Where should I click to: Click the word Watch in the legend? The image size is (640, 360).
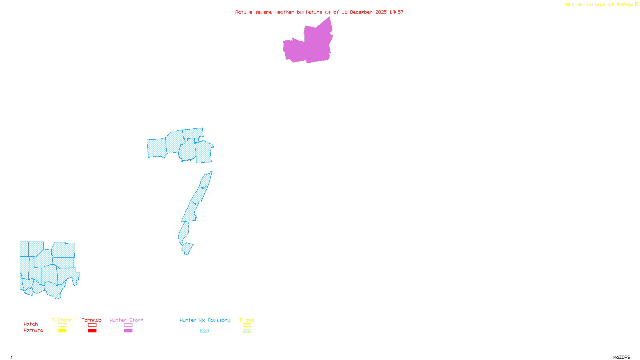coord(31,324)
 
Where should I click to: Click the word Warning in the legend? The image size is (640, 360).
coord(34,330)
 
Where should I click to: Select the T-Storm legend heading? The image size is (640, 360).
coord(62,320)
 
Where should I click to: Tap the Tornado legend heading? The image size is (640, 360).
coord(92,320)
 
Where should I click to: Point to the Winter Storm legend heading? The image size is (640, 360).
coord(126,320)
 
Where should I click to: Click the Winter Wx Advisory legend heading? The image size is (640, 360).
coord(205,320)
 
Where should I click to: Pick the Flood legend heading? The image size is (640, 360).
coord(247,320)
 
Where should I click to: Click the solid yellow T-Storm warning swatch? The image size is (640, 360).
coord(62,331)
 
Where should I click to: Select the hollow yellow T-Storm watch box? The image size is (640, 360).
coord(62,325)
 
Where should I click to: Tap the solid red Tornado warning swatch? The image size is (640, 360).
coord(92,331)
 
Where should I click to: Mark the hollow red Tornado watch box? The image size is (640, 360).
coord(92,325)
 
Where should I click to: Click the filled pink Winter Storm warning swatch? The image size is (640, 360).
coord(128,331)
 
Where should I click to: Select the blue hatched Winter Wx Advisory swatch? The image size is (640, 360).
coord(204,331)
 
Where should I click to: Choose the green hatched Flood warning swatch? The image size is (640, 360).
coord(247,331)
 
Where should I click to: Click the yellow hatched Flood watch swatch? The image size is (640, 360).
coord(247,325)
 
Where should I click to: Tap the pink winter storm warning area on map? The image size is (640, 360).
coord(312,46)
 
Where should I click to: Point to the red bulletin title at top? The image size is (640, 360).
coord(319,12)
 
